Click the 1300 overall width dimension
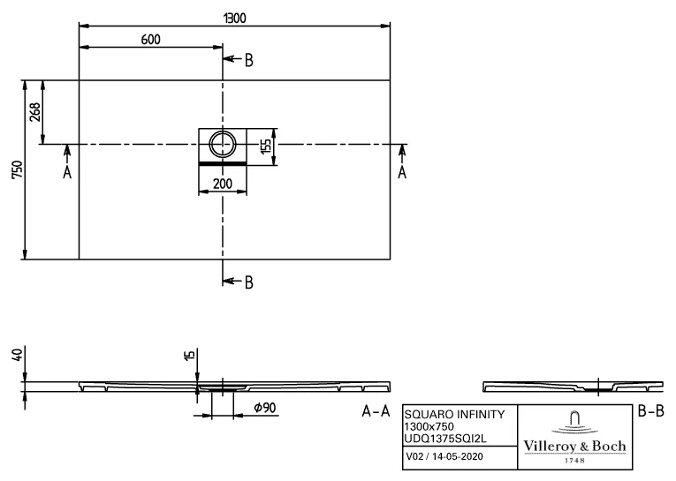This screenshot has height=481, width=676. tap(234, 17)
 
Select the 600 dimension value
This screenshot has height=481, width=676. tap(151, 39)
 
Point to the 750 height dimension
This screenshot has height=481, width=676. tap(13, 170)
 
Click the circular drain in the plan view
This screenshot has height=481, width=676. tap(222, 141)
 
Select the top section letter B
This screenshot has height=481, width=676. tap(249, 60)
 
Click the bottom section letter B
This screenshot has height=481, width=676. tap(249, 282)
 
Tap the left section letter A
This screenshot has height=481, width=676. tap(67, 173)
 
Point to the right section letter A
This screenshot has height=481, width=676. tap(402, 173)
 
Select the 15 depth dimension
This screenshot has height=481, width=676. tap(189, 356)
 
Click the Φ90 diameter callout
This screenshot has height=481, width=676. tap(264, 408)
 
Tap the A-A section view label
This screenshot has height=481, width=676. tap(376, 412)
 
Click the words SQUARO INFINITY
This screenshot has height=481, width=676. tap(454, 414)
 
